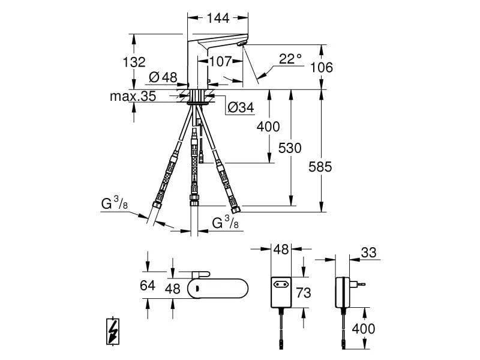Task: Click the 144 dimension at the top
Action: tap(217, 18)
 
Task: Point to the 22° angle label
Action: tap(290, 59)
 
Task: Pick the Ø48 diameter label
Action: tap(162, 77)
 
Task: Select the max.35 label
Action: tap(133, 96)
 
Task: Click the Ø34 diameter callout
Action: tap(241, 107)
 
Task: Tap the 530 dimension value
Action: tap(290, 148)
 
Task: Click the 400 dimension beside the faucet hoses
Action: tap(268, 127)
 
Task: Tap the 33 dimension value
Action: tap(368, 253)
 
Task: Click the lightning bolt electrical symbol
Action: tap(113, 332)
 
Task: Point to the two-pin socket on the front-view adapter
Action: tap(281, 286)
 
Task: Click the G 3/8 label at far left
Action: tap(113, 205)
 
